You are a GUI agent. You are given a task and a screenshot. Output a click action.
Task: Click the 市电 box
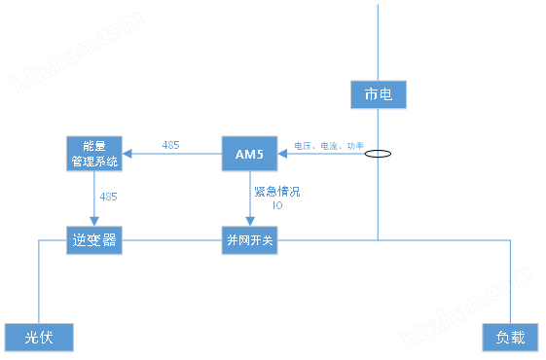coord(377,94)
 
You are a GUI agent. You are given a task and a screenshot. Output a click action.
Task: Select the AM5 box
coord(250,153)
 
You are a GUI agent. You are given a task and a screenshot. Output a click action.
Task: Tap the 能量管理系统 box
coord(94,153)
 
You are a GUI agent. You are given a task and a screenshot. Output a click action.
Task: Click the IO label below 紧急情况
coord(277,205)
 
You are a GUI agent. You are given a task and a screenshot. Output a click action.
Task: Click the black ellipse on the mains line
coord(378,153)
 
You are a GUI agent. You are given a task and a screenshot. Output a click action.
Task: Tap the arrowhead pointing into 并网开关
coord(250,223)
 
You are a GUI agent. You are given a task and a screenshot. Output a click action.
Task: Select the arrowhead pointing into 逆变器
coord(94,223)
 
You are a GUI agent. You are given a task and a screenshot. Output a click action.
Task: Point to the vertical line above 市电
coord(377,39)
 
